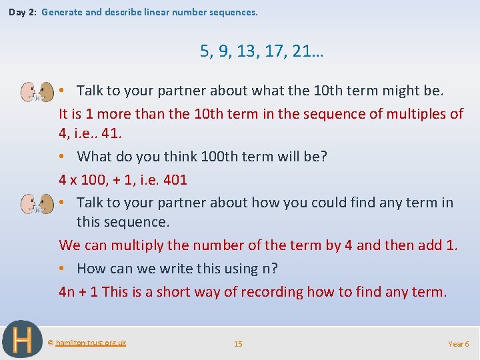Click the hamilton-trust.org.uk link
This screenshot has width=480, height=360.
[91, 343]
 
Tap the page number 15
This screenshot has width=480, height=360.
[238, 343]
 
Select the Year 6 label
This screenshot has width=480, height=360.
[458, 343]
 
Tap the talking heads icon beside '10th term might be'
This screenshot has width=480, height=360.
[37, 91]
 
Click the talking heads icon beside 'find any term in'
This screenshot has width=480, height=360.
[37, 203]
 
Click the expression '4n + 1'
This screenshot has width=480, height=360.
[79, 291]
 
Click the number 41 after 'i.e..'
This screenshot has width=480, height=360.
[110, 133]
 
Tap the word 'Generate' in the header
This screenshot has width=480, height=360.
[61, 12]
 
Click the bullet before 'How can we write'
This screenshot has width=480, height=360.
[62, 269]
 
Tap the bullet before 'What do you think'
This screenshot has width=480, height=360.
[62, 157]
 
